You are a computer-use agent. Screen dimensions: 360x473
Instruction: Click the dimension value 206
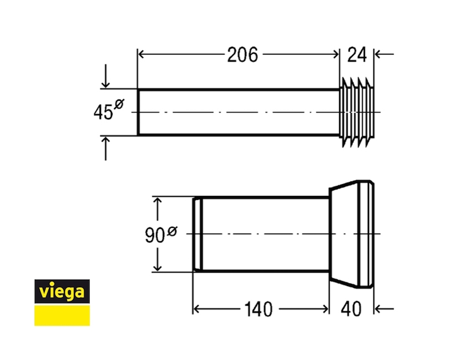pos(242,55)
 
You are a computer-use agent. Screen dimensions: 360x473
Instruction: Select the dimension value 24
pos(357,55)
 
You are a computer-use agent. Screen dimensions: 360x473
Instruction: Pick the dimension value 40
pos(351,308)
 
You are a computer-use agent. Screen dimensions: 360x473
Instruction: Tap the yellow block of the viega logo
pos(62,315)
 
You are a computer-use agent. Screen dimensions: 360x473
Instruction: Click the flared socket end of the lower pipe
pos(351,233)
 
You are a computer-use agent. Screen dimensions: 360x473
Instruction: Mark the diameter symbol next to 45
pos(119,105)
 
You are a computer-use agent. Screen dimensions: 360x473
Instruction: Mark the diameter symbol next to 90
pos(171,228)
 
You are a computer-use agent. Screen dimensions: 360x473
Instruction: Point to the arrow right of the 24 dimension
pos(383,54)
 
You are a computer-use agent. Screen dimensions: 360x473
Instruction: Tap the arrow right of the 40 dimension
pos(383,308)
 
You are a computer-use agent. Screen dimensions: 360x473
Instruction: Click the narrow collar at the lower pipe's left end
pos(197,234)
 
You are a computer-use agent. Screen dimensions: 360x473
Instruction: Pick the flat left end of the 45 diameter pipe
pos(138,112)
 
